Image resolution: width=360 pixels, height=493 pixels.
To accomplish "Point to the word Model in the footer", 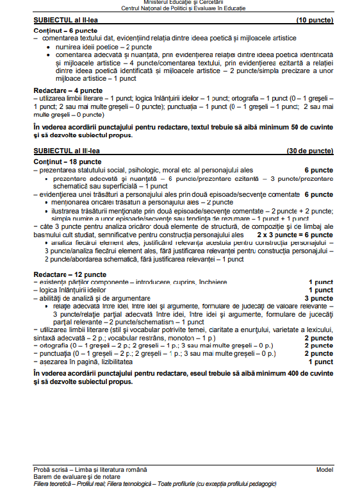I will (x=325, y=469).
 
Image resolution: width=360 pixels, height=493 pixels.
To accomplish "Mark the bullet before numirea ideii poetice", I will (x=49, y=48).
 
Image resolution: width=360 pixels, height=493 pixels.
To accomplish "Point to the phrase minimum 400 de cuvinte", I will (x=274, y=372).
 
